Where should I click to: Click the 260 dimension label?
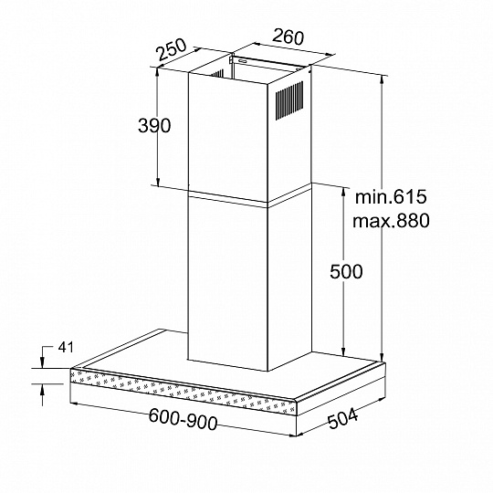288,37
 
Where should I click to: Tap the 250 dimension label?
173,49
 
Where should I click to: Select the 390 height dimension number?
154,125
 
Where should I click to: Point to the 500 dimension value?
346,271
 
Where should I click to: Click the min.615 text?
391,197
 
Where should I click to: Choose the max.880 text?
391,220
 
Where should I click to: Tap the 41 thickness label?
66,348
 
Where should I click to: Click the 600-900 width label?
183,419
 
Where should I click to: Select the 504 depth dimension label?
342,419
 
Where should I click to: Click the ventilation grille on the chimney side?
289,100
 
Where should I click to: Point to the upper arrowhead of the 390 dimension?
158,73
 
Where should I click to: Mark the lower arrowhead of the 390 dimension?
158,180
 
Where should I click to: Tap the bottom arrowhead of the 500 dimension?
343,351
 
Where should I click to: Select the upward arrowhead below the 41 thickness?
42,390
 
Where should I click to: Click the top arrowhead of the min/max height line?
382,81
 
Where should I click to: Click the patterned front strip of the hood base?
184,390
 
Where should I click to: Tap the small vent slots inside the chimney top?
216,74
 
